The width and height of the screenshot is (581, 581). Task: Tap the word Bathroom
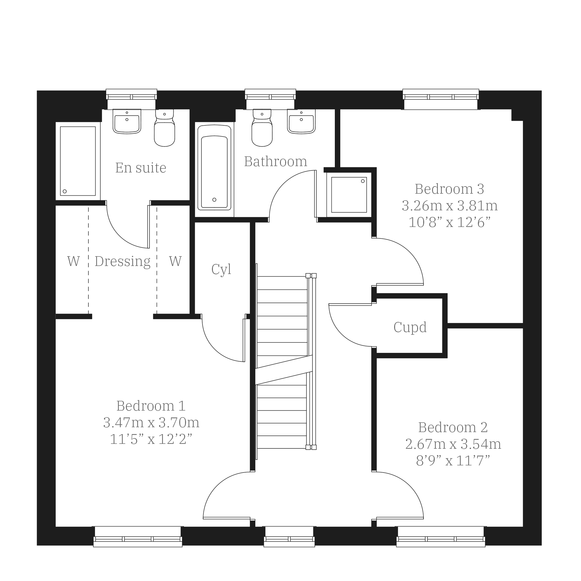(x=275, y=162)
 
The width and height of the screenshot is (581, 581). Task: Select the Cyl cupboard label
(x=221, y=269)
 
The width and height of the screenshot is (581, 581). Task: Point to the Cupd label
(x=410, y=327)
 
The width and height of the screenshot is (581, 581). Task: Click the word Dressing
(x=123, y=262)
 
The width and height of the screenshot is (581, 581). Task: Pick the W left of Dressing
(x=73, y=261)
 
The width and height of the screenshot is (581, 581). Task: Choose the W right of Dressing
(x=175, y=261)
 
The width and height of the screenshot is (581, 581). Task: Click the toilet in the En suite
(x=164, y=128)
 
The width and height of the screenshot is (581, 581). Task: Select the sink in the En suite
(x=127, y=121)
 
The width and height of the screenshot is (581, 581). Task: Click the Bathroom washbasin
(x=301, y=121)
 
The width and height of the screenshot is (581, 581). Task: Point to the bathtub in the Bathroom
(x=214, y=168)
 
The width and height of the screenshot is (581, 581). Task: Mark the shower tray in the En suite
(x=78, y=161)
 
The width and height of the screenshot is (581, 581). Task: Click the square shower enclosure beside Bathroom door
(x=349, y=195)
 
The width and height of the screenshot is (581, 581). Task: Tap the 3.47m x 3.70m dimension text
(x=151, y=423)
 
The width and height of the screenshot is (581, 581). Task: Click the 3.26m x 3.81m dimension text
(x=450, y=206)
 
